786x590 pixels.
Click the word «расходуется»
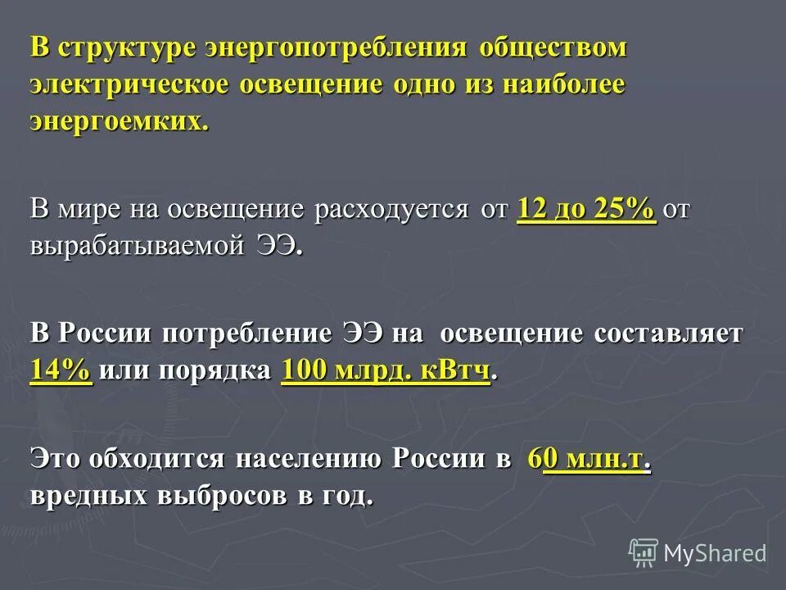(x=388, y=209)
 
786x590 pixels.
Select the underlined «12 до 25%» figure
(x=586, y=209)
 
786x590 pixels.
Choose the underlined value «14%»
(x=61, y=370)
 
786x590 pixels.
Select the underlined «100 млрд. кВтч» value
(x=386, y=370)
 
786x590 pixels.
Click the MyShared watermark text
(x=715, y=553)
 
